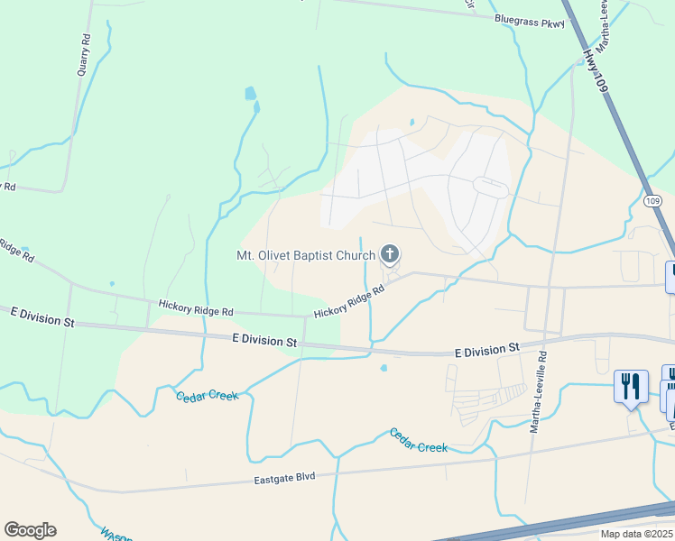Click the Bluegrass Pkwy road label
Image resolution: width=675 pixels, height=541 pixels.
[x=530, y=21]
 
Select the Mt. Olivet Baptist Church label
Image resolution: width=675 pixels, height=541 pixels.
[x=305, y=255]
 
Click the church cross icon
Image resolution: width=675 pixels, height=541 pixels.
[x=390, y=254]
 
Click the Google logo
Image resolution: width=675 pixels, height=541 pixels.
[x=30, y=530]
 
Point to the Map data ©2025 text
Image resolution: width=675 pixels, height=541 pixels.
[x=635, y=534]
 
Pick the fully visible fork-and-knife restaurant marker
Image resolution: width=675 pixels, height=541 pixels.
[x=630, y=387]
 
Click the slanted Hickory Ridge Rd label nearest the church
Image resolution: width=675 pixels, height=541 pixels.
[x=349, y=301]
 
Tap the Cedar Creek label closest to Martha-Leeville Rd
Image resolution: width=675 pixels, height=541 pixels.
[x=419, y=441]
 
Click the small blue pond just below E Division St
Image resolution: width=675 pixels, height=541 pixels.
[x=384, y=368]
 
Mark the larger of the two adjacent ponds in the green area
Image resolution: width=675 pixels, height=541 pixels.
[x=250, y=93]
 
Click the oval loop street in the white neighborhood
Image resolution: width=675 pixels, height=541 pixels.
[x=491, y=188]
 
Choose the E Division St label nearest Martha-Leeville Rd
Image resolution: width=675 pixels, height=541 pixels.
[x=487, y=349]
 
